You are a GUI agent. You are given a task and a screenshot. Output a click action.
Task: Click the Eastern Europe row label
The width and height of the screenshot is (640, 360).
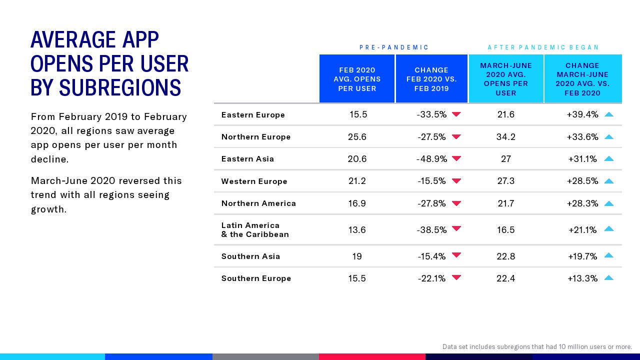[x=253, y=115]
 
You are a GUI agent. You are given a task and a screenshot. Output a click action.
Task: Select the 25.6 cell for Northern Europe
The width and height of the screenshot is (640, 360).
[x=357, y=136]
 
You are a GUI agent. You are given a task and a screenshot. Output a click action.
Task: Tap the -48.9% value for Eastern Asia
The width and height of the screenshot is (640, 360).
[x=431, y=159]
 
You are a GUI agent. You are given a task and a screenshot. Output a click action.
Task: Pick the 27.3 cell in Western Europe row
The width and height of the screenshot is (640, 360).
[x=505, y=181]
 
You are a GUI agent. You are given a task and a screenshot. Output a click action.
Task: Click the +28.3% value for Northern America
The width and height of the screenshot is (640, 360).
[x=582, y=203]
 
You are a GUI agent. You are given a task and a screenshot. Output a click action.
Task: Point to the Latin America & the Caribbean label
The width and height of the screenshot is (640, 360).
[x=255, y=230]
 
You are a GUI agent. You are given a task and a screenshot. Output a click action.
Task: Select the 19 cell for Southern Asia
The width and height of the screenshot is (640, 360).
[x=357, y=256]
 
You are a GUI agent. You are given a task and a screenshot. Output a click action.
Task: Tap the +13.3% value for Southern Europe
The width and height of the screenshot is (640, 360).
[x=582, y=278]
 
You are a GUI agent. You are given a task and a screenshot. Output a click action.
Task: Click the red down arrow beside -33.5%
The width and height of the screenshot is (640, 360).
[x=456, y=114]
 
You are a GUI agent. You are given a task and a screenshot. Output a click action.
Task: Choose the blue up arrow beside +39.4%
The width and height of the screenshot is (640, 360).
[x=608, y=114]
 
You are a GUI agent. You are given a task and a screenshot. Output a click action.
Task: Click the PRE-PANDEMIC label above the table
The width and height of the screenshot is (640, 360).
[x=394, y=47]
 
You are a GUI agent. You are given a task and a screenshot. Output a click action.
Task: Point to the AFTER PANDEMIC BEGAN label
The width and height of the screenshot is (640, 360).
[x=543, y=47]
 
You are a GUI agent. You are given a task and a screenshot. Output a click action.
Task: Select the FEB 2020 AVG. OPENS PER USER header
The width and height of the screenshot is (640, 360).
[x=357, y=79]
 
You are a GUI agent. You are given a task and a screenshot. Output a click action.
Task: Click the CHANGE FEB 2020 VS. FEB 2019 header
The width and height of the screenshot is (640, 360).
[x=431, y=79]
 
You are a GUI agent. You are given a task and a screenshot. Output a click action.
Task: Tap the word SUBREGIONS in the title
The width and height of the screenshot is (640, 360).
[x=119, y=88]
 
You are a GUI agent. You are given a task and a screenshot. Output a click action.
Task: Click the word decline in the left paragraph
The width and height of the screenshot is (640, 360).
[x=49, y=159]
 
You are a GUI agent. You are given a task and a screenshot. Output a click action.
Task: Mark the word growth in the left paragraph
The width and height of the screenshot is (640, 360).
[x=48, y=209]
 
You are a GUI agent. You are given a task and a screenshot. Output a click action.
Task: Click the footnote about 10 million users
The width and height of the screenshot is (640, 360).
[x=537, y=346]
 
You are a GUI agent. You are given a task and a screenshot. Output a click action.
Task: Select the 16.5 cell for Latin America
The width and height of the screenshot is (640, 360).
[x=505, y=230]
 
